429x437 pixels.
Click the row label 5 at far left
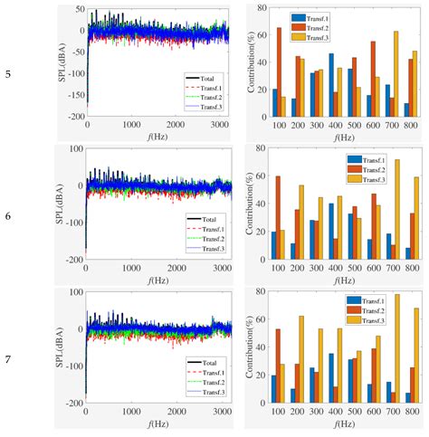tap(8, 76)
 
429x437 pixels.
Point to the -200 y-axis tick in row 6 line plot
tap(74, 259)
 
